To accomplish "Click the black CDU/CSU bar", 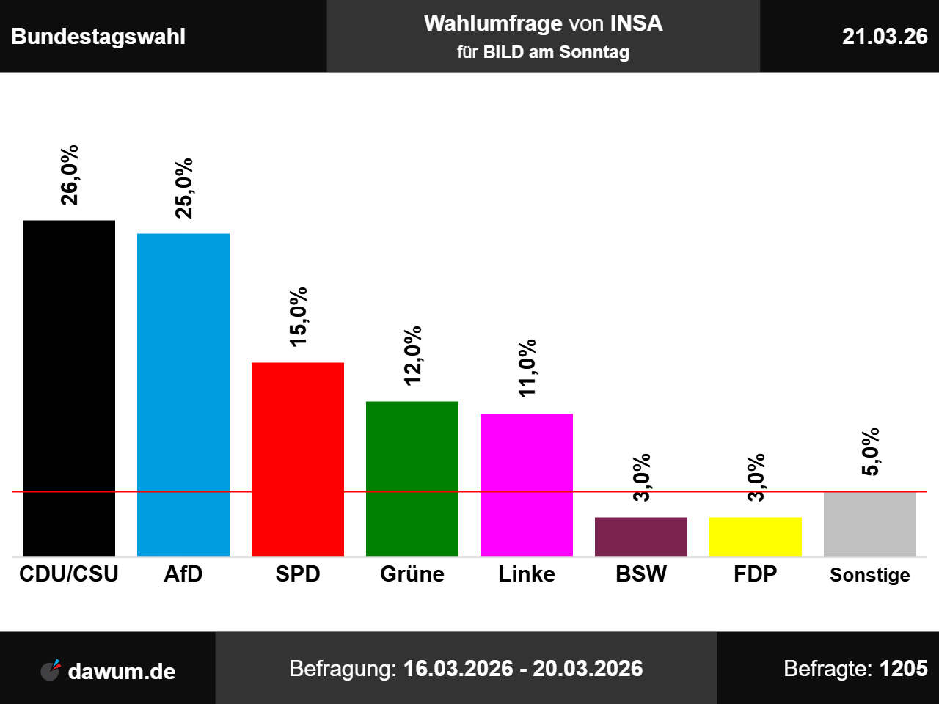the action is pos(69,388).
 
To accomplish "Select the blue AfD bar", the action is pos(183,395).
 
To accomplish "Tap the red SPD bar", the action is pos(298,459).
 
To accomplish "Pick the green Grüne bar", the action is pos(412,479).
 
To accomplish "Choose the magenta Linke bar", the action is pos(527,485).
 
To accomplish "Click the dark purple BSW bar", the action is pos(641,537).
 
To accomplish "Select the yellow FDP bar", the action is pos(756,537).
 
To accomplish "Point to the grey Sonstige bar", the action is pos(870,524).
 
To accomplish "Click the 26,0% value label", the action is pos(69,175).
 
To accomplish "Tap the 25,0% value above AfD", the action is pos(184,188).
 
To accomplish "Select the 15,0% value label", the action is pos(298,317).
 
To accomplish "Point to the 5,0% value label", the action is pos(871,452).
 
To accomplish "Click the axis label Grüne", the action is pos(412,573).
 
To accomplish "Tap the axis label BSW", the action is pos(641,573).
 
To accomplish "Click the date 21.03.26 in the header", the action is pos(885,37).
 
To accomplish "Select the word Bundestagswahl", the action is pos(98,37).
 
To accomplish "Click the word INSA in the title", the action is pos(636,23).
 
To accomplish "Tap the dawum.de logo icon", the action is pos(51,670).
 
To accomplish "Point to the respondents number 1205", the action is pos(904,669).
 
